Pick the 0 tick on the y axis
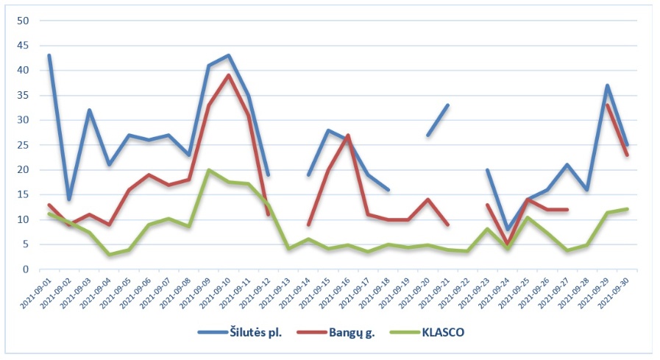coord(24,269)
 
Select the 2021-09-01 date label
coord(37,293)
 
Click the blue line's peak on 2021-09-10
coord(229,55)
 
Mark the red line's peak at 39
coord(229,75)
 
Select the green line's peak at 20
coord(209,170)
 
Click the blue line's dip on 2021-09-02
coord(69,200)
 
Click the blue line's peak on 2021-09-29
coord(608,85)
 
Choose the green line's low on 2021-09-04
coord(109,255)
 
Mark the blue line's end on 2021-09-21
coord(448,105)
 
